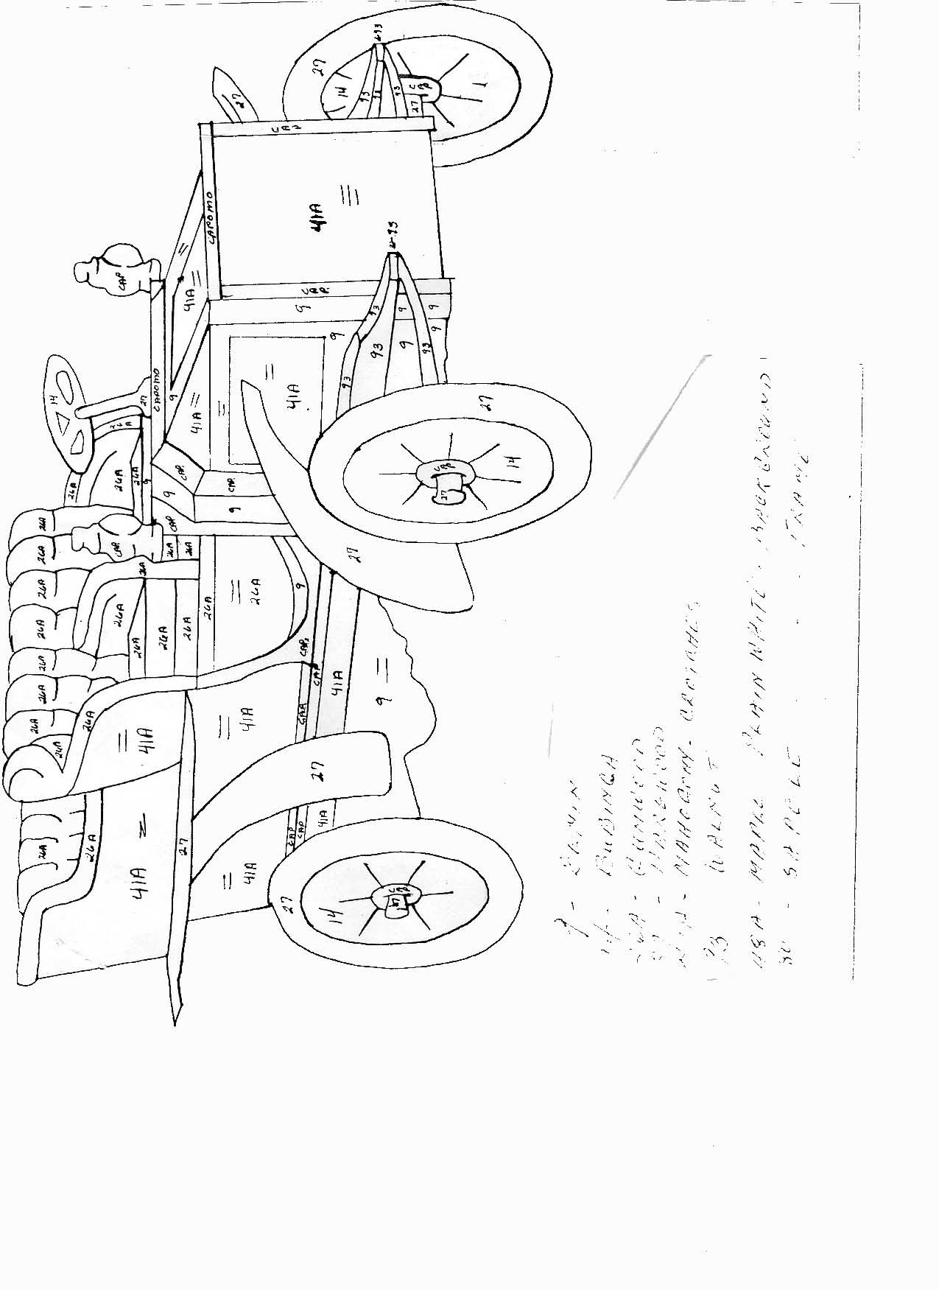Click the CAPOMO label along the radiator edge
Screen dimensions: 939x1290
[x=211, y=217]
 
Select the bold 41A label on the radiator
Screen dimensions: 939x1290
[x=320, y=220]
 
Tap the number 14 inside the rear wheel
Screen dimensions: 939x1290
[x=335, y=916]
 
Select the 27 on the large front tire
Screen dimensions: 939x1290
[x=487, y=402]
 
